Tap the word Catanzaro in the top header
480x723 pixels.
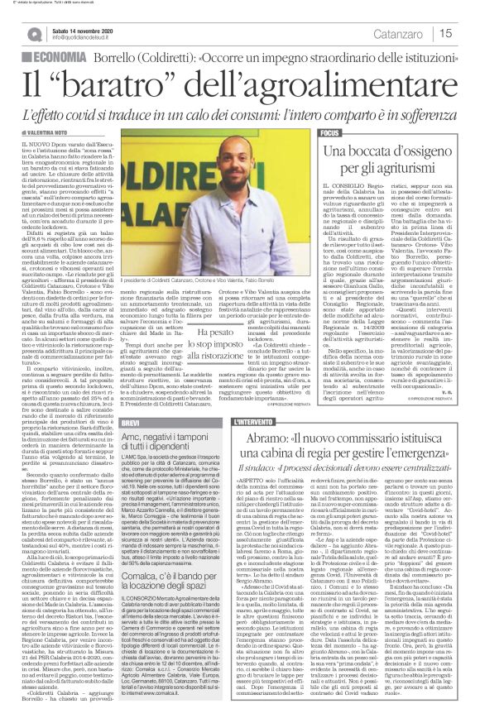point(410,32)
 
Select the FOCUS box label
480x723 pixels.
point(331,133)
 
